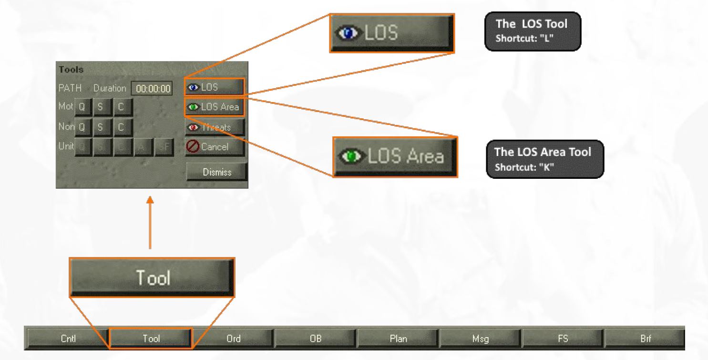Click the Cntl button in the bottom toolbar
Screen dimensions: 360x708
[x=69, y=339]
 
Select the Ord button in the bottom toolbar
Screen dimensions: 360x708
[x=233, y=339]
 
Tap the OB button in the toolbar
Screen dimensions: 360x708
[x=316, y=339]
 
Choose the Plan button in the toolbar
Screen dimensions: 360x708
[x=398, y=339]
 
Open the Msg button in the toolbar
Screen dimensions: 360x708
[x=481, y=339]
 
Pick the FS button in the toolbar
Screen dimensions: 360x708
[x=563, y=339]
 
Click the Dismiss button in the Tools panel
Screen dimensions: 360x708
[x=216, y=172]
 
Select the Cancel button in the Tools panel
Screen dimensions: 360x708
[x=215, y=147]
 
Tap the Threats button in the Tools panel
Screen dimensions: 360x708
[x=215, y=127]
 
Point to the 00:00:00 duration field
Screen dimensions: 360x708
[x=151, y=88]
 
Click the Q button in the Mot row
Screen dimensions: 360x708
[x=82, y=108]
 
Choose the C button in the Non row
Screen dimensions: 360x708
[x=121, y=127]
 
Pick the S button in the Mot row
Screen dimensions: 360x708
[x=101, y=108]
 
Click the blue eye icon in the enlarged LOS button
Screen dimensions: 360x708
[x=346, y=32]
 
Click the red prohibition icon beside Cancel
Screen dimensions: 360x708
[x=192, y=147]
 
